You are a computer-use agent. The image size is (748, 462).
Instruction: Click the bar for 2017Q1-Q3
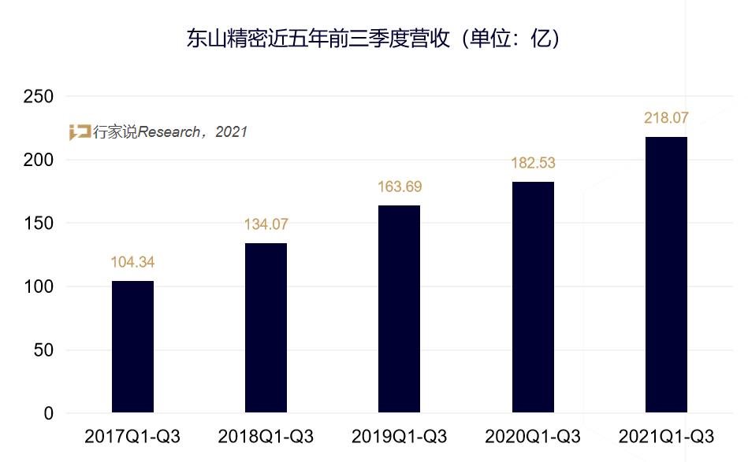coord(132,346)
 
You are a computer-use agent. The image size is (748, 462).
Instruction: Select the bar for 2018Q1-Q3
coord(266,327)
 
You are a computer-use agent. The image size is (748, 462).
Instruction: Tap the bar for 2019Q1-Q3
coord(399,309)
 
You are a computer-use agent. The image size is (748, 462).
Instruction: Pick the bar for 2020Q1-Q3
coord(533,297)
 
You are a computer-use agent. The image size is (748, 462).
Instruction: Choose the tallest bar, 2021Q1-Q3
coord(666,274)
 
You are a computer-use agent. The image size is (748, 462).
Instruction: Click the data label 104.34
coord(132,262)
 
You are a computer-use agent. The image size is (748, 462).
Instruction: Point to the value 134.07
coord(266,224)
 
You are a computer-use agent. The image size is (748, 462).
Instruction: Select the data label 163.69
coord(399,187)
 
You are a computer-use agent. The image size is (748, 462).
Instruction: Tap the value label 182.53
coord(533,163)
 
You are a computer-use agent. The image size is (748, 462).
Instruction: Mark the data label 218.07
coord(666,118)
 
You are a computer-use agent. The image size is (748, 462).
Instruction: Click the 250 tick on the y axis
coord(39,97)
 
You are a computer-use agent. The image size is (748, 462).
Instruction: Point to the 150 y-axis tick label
coord(39,224)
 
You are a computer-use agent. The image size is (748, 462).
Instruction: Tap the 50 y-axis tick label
coord(43,350)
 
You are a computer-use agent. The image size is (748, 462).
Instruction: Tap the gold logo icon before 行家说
coord(80,132)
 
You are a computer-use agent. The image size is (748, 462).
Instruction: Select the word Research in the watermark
coord(169,132)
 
